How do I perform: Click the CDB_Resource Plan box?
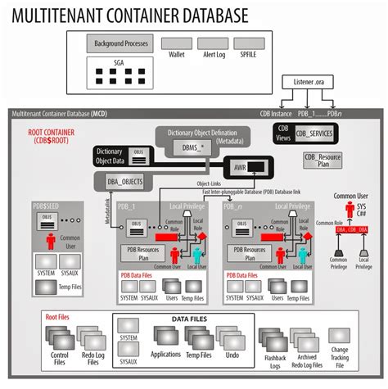coord(322,161)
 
